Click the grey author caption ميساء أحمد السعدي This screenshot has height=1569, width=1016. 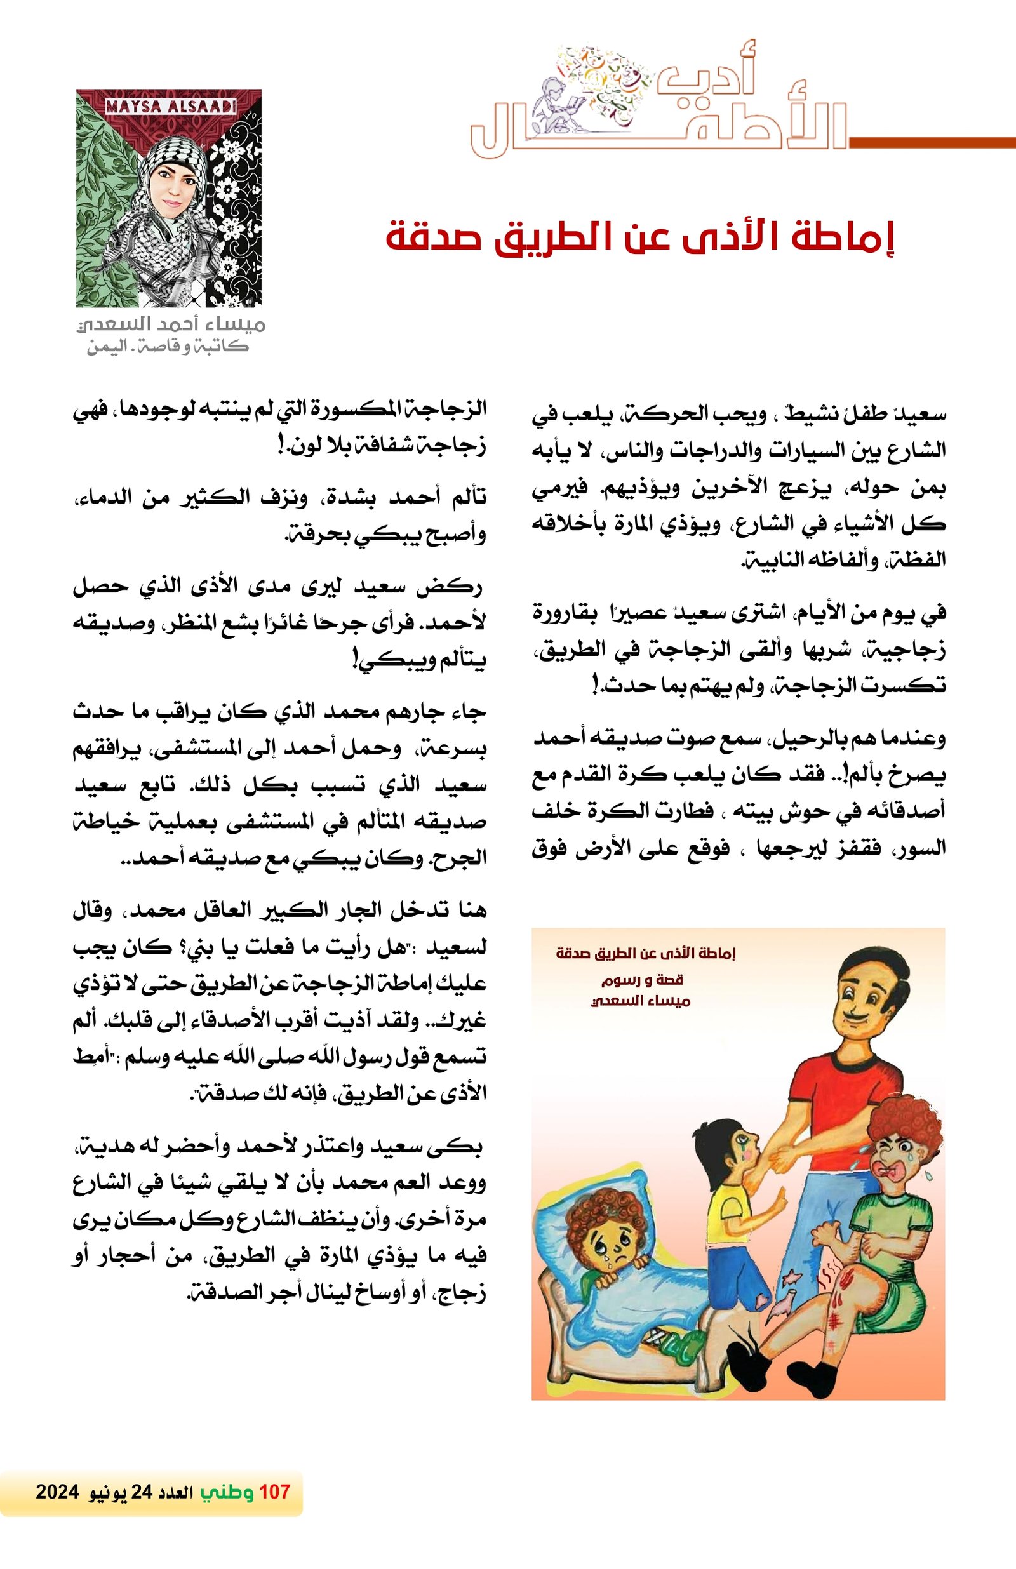click(x=170, y=325)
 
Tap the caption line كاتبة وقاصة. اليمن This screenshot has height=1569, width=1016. click(x=168, y=347)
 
